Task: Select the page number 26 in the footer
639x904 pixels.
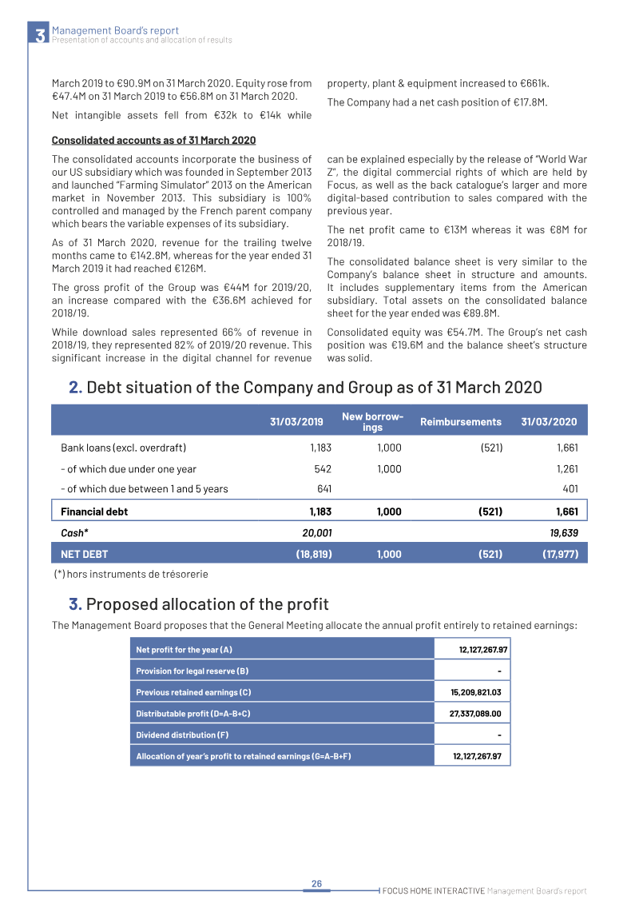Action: pyautogui.click(x=316, y=883)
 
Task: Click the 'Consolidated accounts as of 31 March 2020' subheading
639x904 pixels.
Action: pyautogui.click(x=153, y=141)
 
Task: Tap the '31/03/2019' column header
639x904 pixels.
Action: pyautogui.click(x=296, y=422)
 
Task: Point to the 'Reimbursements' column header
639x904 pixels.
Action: pyautogui.click(x=460, y=422)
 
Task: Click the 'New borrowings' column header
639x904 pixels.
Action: pyautogui.click(x=372, y=422)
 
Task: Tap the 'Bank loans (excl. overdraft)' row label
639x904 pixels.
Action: pyautogui.click(x=123, y=448)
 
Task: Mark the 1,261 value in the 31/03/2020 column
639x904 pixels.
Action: pyautogui.click(x=566, y=469)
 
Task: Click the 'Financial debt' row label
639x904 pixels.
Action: pyautogui.click(x=94, y=512)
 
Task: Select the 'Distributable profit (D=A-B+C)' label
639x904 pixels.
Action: pyautogui.click(x=198, y=714)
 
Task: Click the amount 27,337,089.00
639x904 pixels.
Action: pyautogui.click(x=475, y=714)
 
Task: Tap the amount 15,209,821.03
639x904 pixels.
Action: pyautogui.click(x=475, y=692)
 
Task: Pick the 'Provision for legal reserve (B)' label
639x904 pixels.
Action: pyautogui.click(x=197, y=671)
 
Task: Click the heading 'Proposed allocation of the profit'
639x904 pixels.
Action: pyautogui.click(x=206, y=604)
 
